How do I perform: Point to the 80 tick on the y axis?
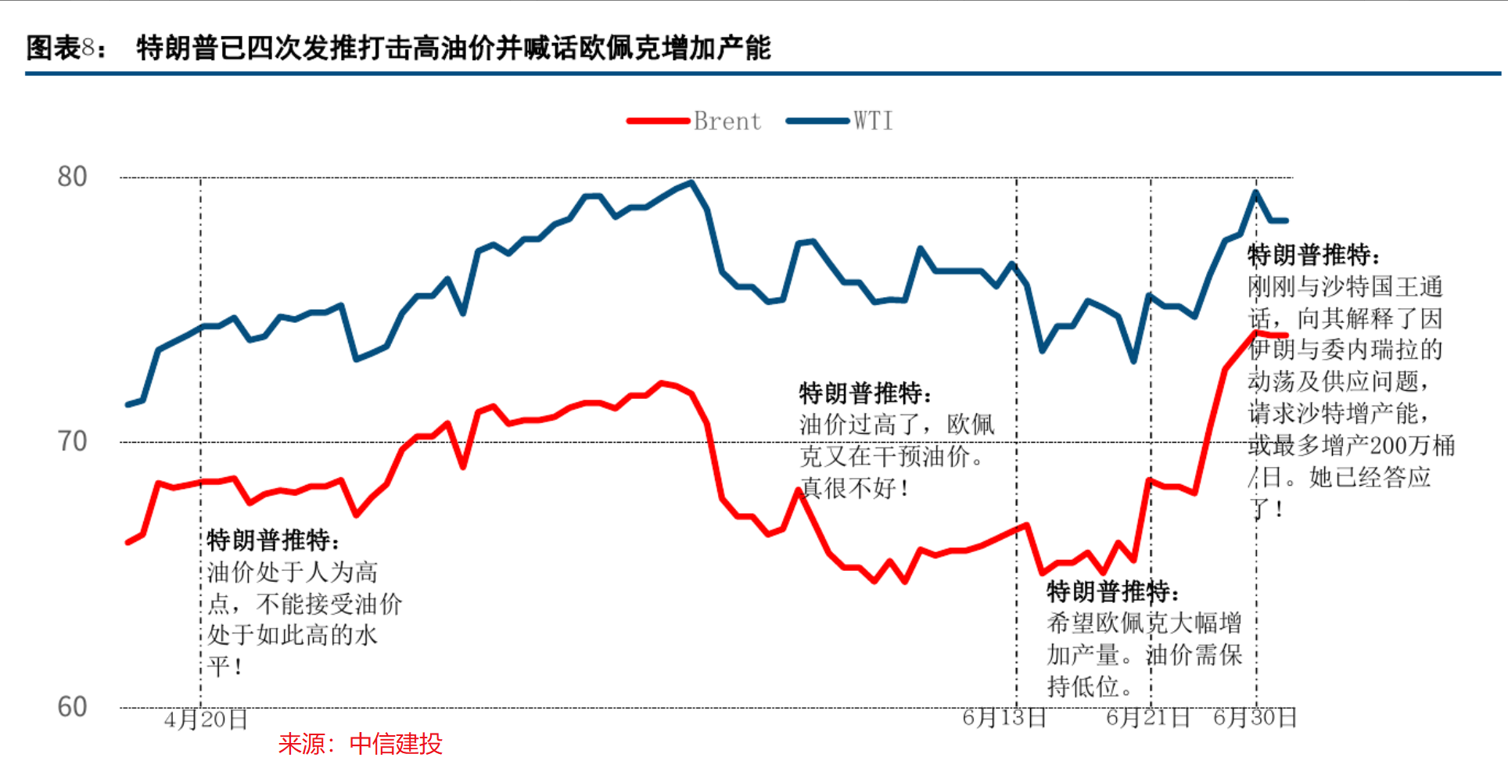pyautogui.click(x=72, y=177)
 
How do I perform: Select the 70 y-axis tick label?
pyautogui.click(x=72, y=442)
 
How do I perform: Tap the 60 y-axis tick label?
pyautogui.click(x=72, y=707)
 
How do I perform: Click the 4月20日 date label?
pyautogui.click(x=206, y=719)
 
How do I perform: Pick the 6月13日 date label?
pyautogui.click(x=1004, y=717)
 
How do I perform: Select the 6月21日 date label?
pyautogui.click(x=1147, y=717)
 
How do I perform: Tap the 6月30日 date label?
pyautogui.click(x=1255, y=717)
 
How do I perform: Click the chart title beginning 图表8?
pyautogui.click(x=399, y=48)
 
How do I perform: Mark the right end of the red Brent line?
pyautogui.click(x=1285, y=336)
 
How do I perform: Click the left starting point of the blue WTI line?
pyautogui.click(x=127, y=404)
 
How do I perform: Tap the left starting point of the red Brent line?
pyautogui.click(x=127, y=542)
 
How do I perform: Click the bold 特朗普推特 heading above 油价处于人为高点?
pyautogui.click(x=273, y=540)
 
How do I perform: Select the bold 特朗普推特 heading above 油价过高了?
pyautogui.click(x=864, y=393)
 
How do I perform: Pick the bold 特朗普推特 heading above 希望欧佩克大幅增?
pyautogui.click(x=1111, y=591)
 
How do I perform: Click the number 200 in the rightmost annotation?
pyautogui.click(x=1388, y=446)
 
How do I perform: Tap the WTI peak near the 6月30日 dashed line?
pyautogui.click(x=1255, y=192)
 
